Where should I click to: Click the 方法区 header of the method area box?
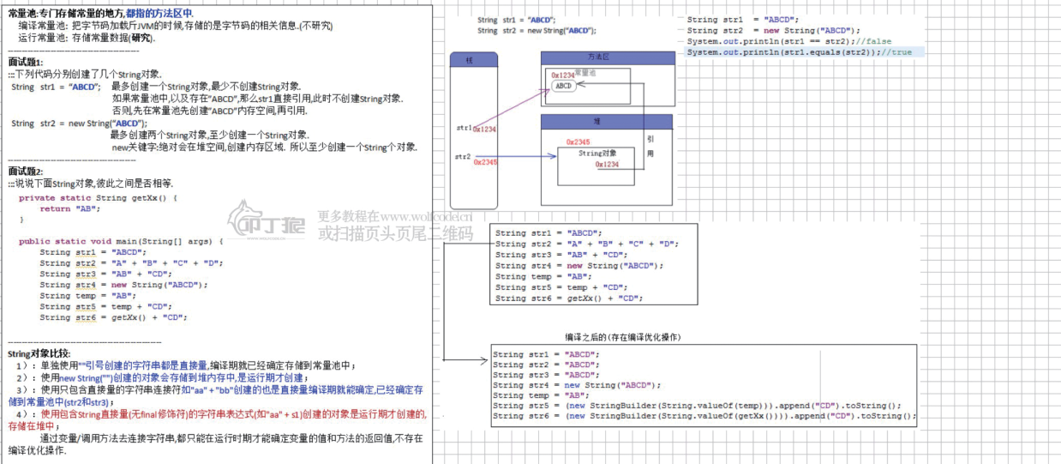(x=598, y=57)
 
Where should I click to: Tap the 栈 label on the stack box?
(x=470, y=59)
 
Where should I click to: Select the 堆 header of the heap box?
(x=597, y=122)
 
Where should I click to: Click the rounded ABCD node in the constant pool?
(x=563, y=86)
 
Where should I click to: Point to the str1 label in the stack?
(x=464, y=127)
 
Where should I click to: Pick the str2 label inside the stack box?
(x=463, y=156)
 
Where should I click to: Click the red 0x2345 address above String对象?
(x=578, y=142)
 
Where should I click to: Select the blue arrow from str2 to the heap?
(x=523, y=157)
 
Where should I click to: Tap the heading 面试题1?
(x=25, y=63)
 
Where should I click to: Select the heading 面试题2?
(x=25, y=172)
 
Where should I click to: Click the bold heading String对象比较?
(x=39, y=353)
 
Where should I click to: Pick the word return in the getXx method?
(x=55, y=208)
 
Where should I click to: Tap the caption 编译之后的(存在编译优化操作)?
(x=623, y=337)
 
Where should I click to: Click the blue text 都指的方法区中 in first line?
(x=159, y=14)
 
